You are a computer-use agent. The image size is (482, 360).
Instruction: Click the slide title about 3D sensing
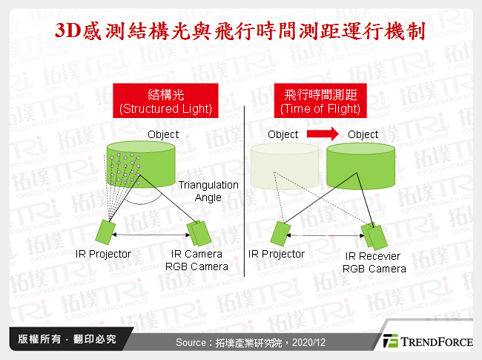[241, 33]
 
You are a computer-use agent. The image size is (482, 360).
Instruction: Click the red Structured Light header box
[165, 101]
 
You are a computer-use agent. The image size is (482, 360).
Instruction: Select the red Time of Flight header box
[320, 101]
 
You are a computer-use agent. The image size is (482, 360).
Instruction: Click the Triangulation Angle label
[214, 192]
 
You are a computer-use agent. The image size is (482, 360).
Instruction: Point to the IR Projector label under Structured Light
[103, 254]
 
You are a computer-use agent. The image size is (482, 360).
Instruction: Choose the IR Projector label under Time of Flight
[276, 254]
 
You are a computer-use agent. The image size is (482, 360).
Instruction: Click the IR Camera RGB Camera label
[195, 261]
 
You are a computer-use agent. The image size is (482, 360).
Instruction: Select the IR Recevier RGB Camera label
[374, 263]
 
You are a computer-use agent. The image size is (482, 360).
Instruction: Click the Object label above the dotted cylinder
[163, 134]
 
